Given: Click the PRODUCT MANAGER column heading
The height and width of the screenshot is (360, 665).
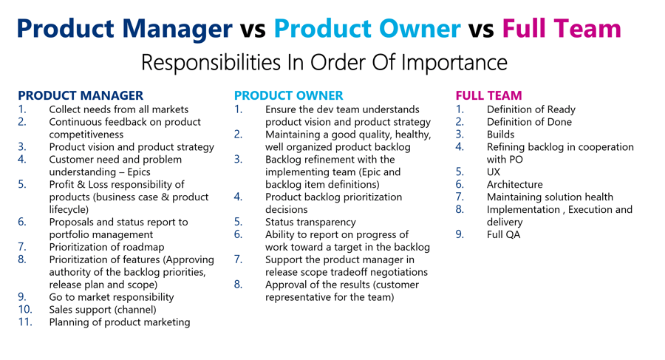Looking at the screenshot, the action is pos(81,95).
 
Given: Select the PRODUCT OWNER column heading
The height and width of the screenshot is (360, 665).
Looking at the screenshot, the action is pos(288,95).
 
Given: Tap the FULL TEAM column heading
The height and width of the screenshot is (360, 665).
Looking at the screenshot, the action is pos(488,95).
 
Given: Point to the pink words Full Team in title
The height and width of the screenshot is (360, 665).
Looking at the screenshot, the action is pos(562,28).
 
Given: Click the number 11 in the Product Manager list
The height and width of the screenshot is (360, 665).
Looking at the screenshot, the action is pos(25,322).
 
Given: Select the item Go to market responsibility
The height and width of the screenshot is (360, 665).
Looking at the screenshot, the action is pos(112,297).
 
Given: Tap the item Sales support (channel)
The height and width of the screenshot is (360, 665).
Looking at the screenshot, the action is pos(103,310).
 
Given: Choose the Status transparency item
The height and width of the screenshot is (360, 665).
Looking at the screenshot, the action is pos(310,222).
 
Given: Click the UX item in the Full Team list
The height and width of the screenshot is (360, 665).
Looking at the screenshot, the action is pos(494,172).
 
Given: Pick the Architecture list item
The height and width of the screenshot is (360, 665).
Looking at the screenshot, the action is pos(515,184).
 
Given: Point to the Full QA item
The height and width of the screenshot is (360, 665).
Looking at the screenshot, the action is pos(503,234).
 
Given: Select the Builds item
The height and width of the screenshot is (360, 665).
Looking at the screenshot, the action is pos(500,135).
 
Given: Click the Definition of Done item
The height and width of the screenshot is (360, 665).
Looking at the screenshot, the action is pos(529,122).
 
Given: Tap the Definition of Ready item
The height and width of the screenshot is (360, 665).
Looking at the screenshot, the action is pos(531,109).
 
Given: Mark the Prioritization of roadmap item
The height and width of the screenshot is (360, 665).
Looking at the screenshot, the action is pos(106,247).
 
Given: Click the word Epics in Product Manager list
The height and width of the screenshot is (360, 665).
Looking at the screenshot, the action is pos(139,172).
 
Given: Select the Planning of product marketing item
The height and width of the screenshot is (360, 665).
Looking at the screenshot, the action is pos(120,322).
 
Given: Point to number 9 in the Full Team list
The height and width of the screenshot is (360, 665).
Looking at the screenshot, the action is pos(460,234).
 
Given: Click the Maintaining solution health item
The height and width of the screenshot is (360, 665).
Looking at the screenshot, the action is pos(550,197).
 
